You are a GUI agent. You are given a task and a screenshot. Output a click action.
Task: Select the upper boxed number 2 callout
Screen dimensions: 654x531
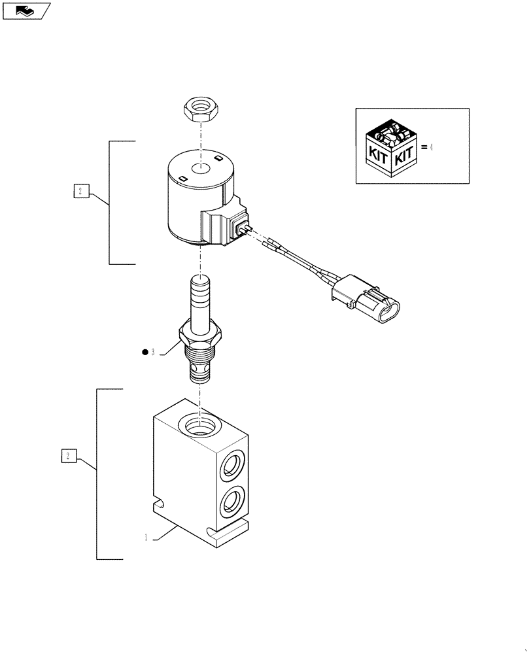click(79, 191)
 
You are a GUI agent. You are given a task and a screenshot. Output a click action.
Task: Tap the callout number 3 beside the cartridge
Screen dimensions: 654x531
click(152, 353)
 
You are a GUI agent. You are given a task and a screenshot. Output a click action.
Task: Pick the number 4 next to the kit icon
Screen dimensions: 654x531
click(432, 147)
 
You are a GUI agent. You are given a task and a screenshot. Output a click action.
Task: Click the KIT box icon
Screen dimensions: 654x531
click(390, 148)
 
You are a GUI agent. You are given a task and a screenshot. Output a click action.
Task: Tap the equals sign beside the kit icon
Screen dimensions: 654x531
click(424, 148)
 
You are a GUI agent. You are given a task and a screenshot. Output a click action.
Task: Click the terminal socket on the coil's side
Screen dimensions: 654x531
click(241, 229)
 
